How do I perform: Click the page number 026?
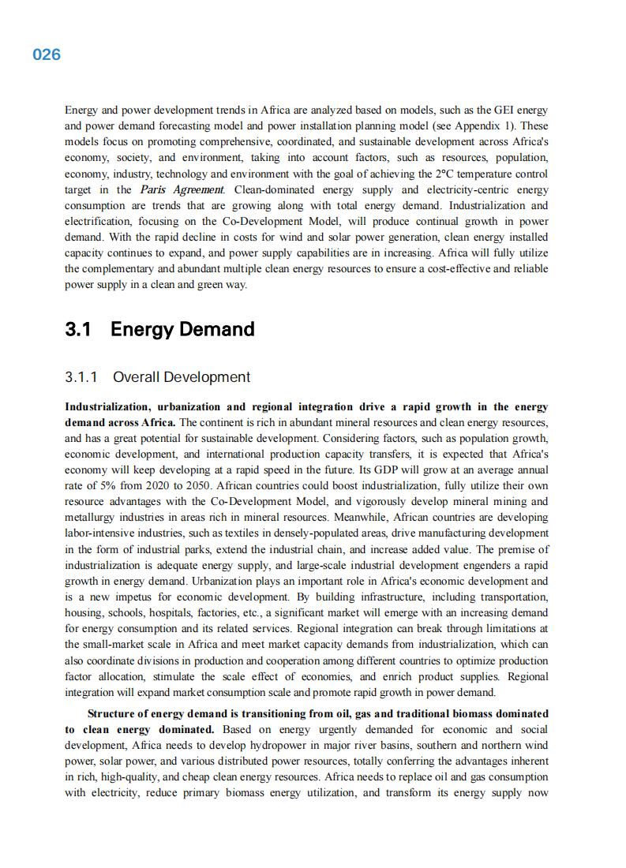point(47,54)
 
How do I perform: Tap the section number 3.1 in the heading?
point(79,329)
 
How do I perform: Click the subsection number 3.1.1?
point(81,377)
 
